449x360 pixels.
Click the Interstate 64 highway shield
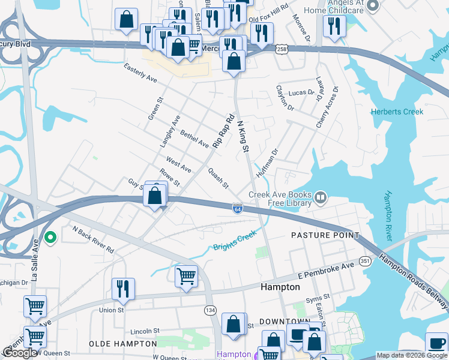[x=238, y=208]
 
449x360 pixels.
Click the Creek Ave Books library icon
[x=321, y=198]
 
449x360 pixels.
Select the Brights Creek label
[x=235, y=241]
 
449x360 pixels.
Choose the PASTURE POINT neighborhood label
[x=325, y=235]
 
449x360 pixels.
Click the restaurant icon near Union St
[x=123, y=287]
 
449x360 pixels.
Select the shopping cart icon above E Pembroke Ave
[x=186, y=276]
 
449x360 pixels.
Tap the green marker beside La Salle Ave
[x=51, y=238]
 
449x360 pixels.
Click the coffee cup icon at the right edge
[x=436, y=343]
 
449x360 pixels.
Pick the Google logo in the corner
[x=20, y=353]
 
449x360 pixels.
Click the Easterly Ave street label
[x=140, y=74]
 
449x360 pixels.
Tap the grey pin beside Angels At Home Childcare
[x=373, y=7]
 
